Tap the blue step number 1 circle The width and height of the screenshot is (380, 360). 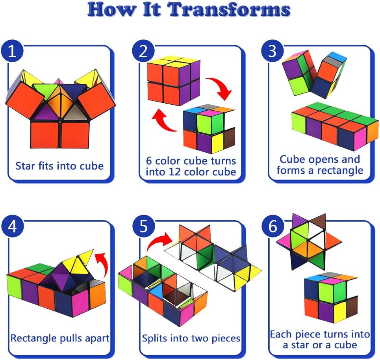click(13, 52)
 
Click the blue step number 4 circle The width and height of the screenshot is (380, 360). click(13, 227)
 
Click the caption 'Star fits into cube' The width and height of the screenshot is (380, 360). click(59, 165)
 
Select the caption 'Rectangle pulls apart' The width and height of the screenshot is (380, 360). click(60, 338)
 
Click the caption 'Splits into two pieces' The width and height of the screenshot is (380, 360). click(191, 338)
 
